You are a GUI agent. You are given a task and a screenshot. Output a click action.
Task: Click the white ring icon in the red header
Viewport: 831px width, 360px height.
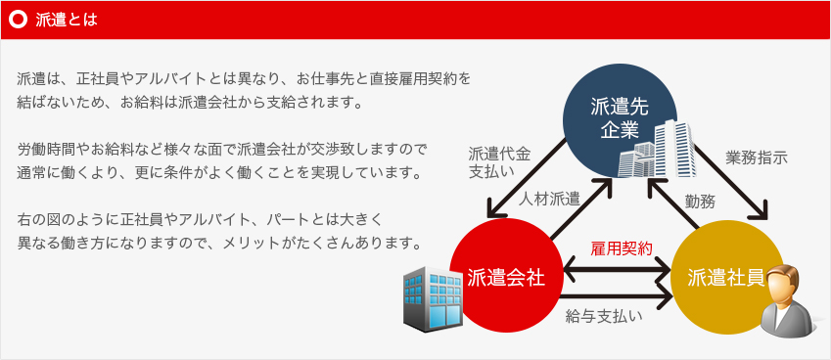click(19, 20)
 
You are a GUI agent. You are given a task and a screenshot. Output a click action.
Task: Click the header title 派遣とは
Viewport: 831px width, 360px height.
click(67, 21)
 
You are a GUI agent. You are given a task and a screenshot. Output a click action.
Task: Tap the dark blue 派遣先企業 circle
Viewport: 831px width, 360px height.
click(620, 120)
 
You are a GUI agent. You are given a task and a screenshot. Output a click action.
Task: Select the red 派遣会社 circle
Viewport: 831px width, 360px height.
click(506, 277)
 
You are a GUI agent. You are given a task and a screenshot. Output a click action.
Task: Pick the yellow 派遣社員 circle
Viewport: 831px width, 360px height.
click(726, 278)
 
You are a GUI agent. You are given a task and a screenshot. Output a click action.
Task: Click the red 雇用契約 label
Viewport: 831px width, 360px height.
click(622, 248)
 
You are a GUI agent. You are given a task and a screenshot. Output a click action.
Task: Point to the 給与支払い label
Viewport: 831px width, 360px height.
click(604, 316)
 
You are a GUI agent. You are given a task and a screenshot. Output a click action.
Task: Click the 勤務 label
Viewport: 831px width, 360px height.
click(700, 201)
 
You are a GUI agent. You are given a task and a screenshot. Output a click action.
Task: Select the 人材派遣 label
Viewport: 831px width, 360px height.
click(549, 199)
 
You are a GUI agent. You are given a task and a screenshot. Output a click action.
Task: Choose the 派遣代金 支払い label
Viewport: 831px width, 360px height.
click(499, 162)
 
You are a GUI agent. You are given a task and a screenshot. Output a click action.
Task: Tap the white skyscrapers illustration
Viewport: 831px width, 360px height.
click(657, 150)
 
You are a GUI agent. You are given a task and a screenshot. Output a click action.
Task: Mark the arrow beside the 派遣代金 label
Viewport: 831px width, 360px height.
click(526, 178)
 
